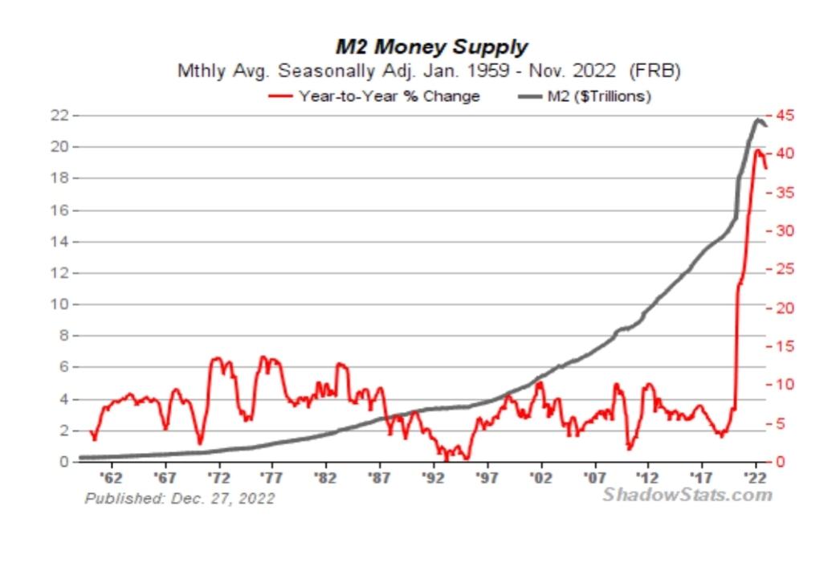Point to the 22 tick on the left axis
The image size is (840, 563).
pyautogui.click(x=61, y=116)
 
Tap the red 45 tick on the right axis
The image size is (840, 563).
pyautogui.click(x=785, y=116)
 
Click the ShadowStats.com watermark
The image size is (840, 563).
pyautogui.click(x=687, y=494)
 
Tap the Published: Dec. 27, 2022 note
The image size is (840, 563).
pyautogui.click(x=180, y=499)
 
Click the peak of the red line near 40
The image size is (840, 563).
pyautogui.click(x=756, y=149)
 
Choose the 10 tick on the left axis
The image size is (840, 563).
pyautogui.click(x=61, y=304)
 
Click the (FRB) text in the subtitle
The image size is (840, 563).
pyautogui.click(x=655, y=71)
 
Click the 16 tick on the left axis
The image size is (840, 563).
pyautogui.click(x=61, y=210)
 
